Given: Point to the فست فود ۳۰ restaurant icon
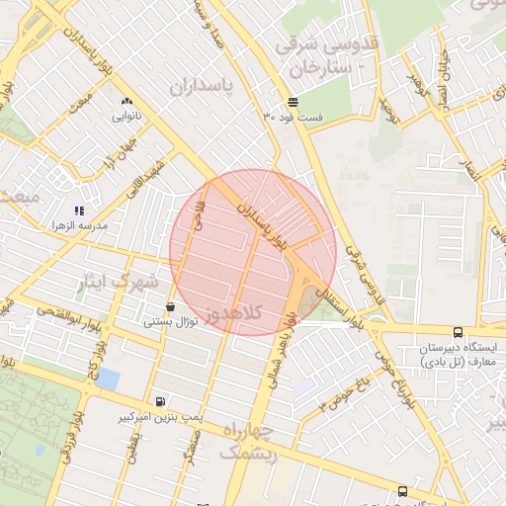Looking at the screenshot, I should click(x=293, y=103).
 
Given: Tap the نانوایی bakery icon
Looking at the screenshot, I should click(x=126, y=101).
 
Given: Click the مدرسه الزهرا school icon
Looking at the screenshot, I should click(x=80, y=211).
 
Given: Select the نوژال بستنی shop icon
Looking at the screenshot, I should click(x=172, y=306).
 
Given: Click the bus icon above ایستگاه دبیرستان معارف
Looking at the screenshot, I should click(x=457, y=333).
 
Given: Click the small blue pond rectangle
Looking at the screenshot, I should click(x=108, y=379).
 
